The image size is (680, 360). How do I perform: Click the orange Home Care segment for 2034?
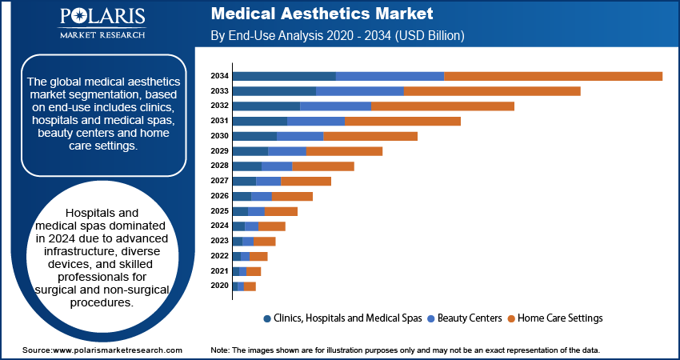(x=553, y=76)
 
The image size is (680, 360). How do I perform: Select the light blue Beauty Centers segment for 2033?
(x=360, y=91)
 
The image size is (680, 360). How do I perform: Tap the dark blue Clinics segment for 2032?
(x=266, y=106)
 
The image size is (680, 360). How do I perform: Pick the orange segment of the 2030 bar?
(x=370, y=136)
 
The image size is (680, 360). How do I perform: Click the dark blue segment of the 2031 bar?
(x=259, y=121)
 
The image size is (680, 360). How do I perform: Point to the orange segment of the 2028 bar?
(x=323, y=166)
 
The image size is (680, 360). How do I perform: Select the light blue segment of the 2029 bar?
(x=287, y=151)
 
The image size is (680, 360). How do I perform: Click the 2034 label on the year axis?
(x=219, y=76)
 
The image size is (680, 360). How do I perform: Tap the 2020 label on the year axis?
(x=219, y=286)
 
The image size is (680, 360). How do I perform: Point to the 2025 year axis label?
(x=219, y=211)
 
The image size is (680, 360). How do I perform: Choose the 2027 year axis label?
(x=219, y=181)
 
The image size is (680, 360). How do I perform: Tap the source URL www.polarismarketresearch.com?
(x=117, y=350)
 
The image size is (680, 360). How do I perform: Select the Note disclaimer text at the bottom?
(x=404, y=350)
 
